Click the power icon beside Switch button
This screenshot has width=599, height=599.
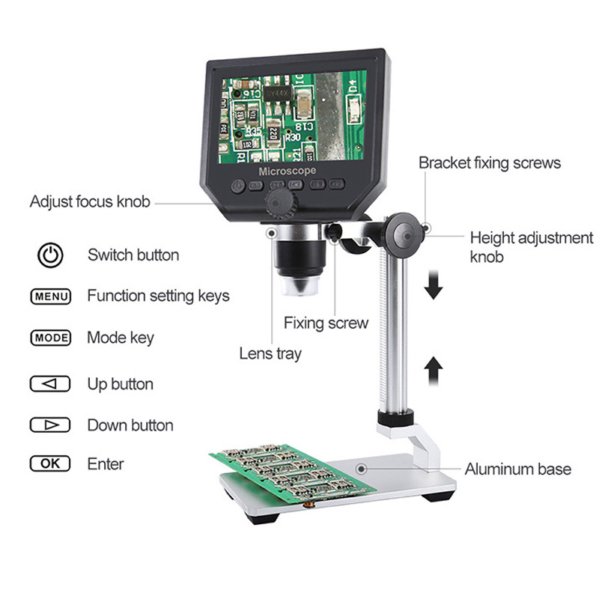[50, 255]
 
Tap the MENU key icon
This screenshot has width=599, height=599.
[51, 297]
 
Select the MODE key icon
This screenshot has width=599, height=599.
[51, 338]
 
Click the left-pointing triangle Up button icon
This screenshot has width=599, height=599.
[50, 383]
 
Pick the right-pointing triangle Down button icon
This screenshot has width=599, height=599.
[50, 425]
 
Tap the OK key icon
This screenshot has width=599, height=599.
[50, 463]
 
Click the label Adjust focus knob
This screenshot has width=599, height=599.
[90, 201]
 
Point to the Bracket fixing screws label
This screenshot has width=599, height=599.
[490, 163]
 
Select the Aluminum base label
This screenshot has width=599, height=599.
[518, 469]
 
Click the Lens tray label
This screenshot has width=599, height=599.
[270, 353]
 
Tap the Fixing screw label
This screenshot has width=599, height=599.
[326, 323]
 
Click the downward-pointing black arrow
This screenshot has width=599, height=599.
[434, 285]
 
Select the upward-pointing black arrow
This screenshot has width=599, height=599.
[434, 371]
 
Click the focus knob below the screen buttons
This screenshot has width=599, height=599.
[282, 203]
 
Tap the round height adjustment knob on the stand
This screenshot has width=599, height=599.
[404, 236]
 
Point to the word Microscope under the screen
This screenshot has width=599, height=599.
[288, 171]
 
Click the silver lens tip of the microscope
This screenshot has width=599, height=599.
[300, 285]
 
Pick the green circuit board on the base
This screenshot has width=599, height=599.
[293, 473]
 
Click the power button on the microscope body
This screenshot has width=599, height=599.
[238, 186]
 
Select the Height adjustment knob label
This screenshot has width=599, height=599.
[532, 247]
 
